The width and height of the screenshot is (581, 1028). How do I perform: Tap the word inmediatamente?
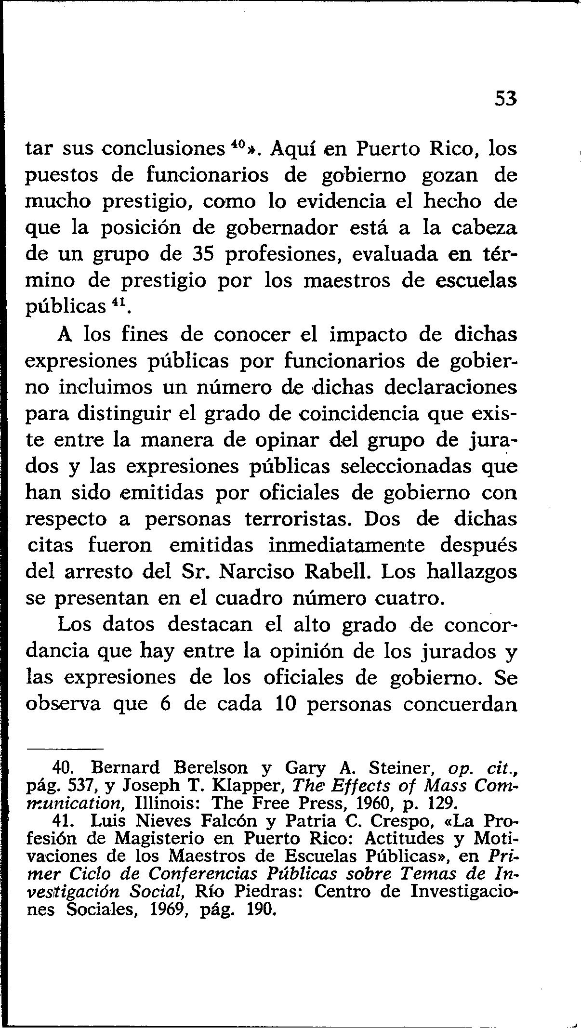pyautogui.click(x=347, y=545)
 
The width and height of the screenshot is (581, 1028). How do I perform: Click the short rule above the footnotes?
pyautogui.click(x=65, y=749)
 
